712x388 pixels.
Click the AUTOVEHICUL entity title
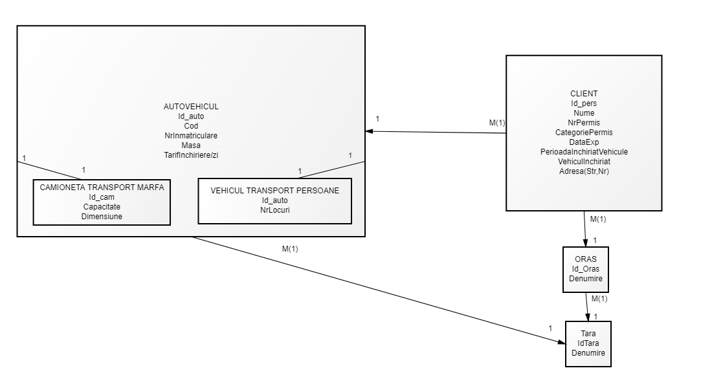191,106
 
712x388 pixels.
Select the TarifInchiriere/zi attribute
191,155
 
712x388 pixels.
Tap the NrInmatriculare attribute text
191,136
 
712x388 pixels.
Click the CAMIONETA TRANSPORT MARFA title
102,188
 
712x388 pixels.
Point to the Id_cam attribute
102,197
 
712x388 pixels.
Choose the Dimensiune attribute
102,217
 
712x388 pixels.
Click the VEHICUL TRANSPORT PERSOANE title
274,191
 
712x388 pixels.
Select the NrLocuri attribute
274,210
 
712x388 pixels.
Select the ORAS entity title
585,259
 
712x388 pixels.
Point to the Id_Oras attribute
585,268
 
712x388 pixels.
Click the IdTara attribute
588,343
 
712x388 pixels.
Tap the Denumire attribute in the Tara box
588,353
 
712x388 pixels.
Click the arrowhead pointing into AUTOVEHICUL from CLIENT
370,131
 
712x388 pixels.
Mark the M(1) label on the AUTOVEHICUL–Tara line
290,248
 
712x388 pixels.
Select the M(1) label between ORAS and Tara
599,299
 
